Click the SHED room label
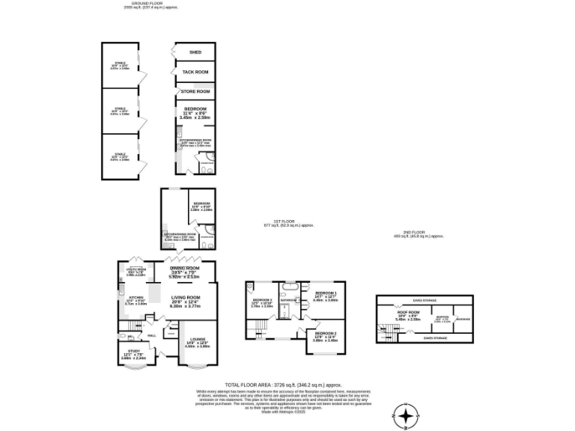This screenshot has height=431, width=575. pos(195,52)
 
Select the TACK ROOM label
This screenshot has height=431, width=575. pos(195,72)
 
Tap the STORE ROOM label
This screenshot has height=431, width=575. pos(195,91)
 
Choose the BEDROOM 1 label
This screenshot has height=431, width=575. pos(326,293)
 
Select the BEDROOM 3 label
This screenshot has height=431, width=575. pos(261,300)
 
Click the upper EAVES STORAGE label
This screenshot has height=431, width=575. pos(424,302)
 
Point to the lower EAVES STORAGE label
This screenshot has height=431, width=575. pos(424,338)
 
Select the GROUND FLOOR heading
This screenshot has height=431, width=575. pos(143,4)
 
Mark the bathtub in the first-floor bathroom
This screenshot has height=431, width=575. pos(289,287)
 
